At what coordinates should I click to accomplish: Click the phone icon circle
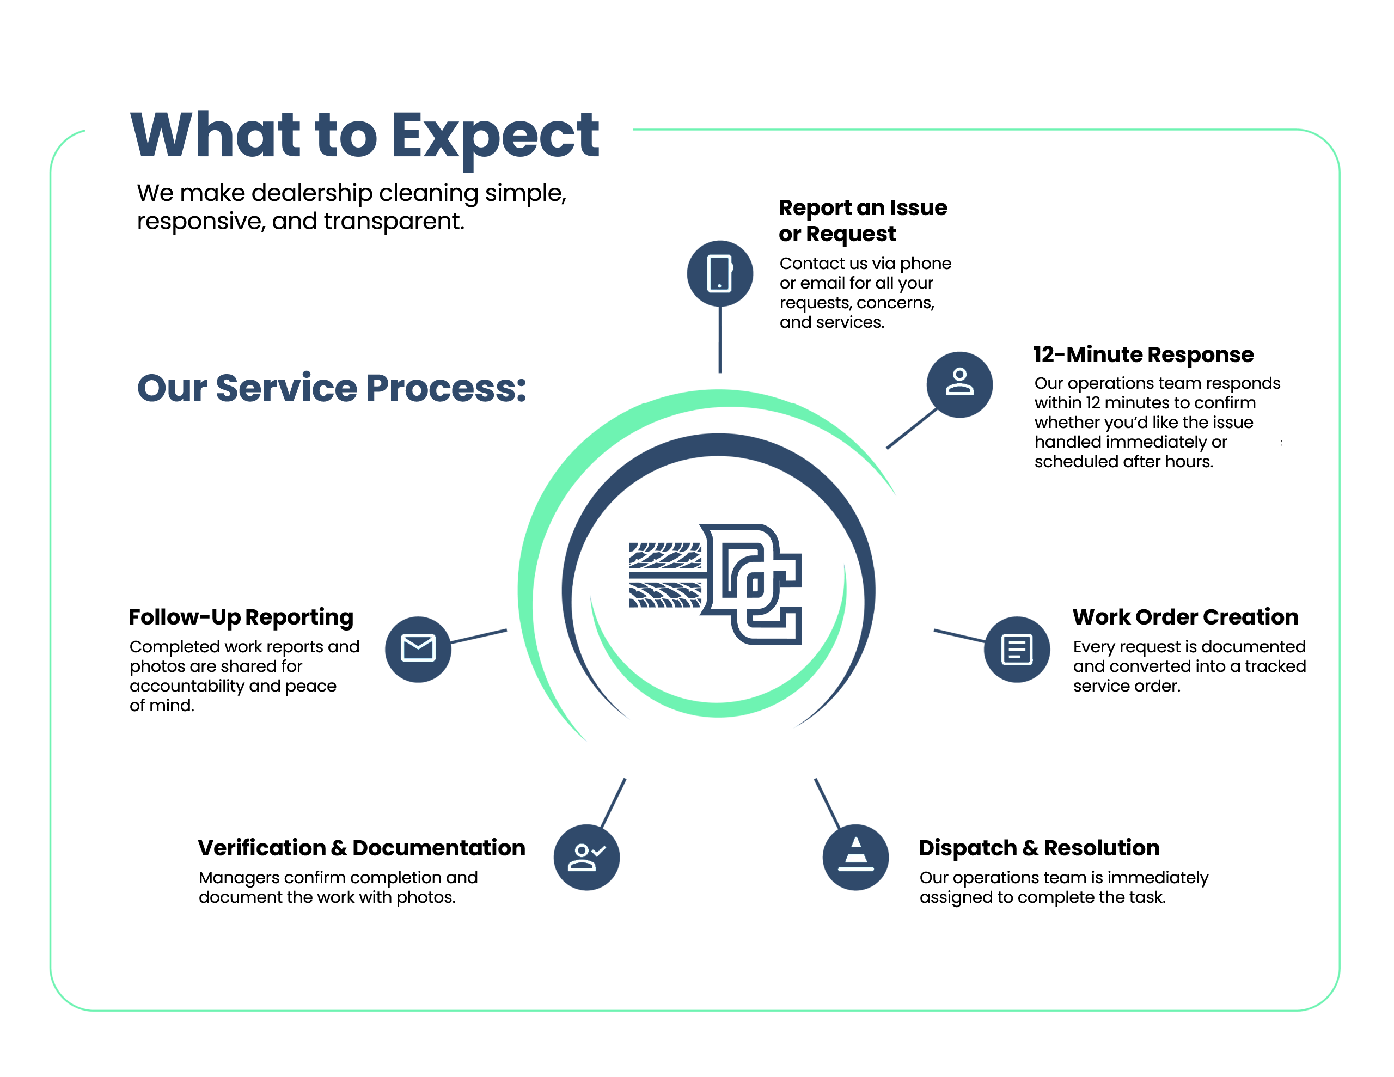click(720, 273)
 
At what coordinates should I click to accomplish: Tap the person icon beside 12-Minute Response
click(959, 384)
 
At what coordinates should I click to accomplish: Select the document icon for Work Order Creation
click(1017, 649)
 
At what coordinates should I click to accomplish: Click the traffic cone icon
click(855, 856)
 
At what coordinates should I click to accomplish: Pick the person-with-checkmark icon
click(586, 856)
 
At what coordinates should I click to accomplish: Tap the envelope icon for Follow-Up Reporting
click(418, 649)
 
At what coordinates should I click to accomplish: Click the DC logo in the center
click(716, 584)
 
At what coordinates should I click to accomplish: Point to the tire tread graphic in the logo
click(665, 574)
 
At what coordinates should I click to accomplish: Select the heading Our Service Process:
click(332, 388)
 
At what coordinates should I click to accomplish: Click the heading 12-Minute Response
click(1143, 354)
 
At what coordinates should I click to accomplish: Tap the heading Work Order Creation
click(1185, 617)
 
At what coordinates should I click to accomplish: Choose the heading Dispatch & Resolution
click(1039, 848)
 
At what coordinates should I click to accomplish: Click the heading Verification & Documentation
click(361, 848)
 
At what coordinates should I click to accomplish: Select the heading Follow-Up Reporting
click(241, 617)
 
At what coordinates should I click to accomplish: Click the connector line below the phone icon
click(720, 340)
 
